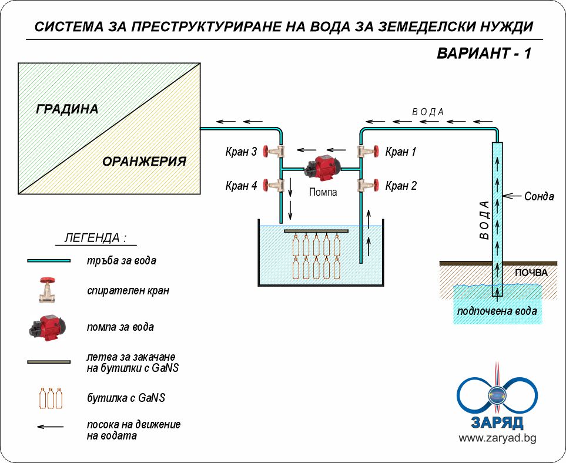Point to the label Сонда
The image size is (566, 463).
[539, 196]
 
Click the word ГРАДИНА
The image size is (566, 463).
[68, 109]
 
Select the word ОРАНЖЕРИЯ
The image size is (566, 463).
[144, 162]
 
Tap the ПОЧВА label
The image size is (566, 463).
[531, 273]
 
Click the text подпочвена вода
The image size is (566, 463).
[497, 311]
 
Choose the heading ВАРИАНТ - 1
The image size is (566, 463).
[484, 53]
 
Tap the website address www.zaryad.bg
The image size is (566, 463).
[497, 438]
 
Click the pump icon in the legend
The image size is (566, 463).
[48, 327]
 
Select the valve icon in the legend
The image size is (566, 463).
[48, 290]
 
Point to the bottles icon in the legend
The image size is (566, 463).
[51, 398]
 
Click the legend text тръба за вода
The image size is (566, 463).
[121, 260]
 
